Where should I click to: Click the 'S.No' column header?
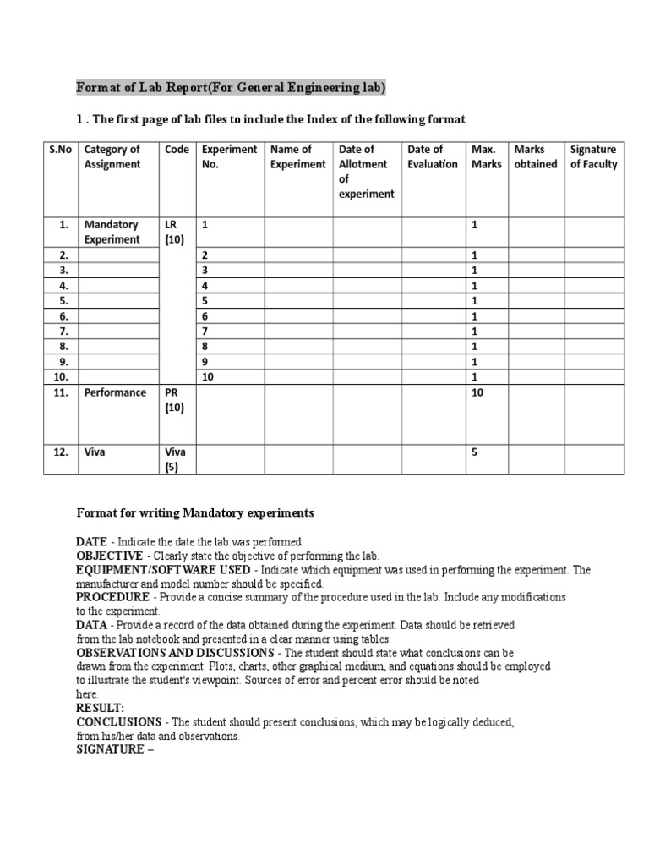[61, 150]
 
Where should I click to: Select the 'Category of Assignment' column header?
[112, 157]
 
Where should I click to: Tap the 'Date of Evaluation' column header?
[433, 157]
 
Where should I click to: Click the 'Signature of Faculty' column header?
[594, 157]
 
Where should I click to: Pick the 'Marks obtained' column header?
[536, 157]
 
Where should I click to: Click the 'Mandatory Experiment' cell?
[112, 232]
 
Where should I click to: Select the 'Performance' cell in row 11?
[116, 392]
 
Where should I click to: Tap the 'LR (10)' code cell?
[175, 232]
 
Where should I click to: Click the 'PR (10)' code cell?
[175, 400]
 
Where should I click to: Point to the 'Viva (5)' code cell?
[176, 459]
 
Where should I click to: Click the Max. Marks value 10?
[477, 392]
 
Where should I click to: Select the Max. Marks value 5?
[475, 452]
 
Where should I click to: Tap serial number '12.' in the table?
[61, 452]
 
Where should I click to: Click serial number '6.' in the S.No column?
[63, 315]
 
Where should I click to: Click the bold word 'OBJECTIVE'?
[110, 556]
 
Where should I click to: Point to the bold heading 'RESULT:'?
[101, 707]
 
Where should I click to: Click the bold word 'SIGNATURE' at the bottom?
[112, 748]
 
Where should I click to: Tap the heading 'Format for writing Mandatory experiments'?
[195, 512]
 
